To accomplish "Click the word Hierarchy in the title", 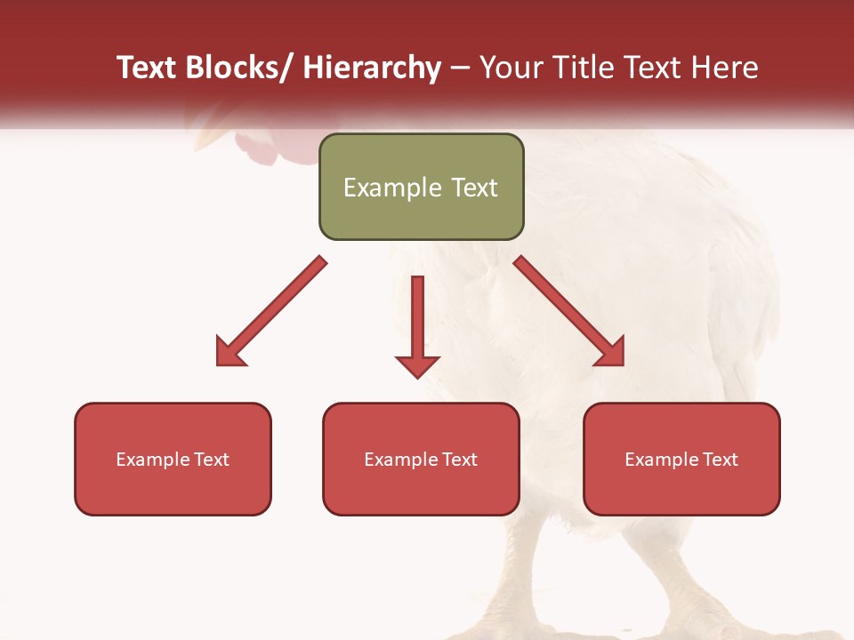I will coord(372,68).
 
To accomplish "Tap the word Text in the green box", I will coord(472,188).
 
